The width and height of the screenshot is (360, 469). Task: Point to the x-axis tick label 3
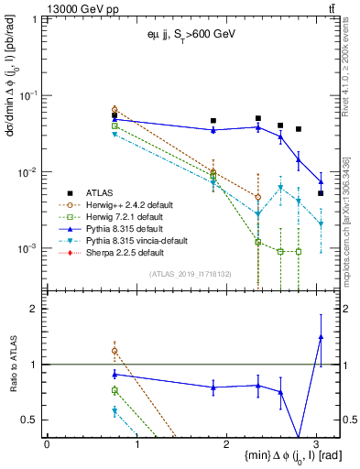pyautogui.click(x=316, y=443)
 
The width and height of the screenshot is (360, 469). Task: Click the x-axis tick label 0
pyautogui.click(x=47, y=443)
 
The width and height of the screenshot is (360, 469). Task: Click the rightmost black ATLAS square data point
pyautogui.click(x=321, y=193)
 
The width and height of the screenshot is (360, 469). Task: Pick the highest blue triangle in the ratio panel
pyautogui.click(x=321, y=337)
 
